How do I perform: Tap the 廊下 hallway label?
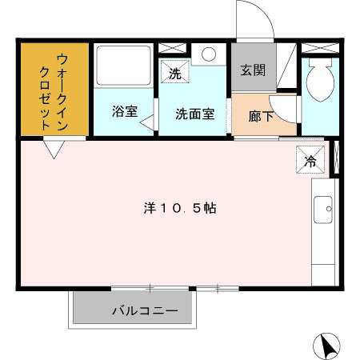(260, 116)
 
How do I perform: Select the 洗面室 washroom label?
(194, 113)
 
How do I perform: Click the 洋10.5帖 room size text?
(180, 208)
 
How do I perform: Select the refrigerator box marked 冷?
(311, 159)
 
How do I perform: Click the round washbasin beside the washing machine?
(209, 54)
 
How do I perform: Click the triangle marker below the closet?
(54, 150)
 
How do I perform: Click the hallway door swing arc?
(284, 114)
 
